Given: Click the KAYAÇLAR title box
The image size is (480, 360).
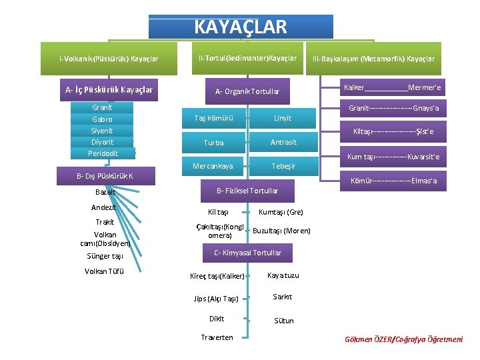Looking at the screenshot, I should (x=240, y=27).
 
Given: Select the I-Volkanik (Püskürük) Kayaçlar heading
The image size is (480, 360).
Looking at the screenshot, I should (x=109, y=59).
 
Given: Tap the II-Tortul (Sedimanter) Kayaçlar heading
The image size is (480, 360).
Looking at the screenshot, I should (x=247, y=59).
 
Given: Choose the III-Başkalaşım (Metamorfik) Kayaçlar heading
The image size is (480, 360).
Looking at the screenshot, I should (x=373, y=59).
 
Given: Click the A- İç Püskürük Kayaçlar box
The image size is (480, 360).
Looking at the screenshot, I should (x=109, y=89).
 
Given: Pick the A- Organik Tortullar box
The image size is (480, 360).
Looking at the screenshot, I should (x=247, y=91).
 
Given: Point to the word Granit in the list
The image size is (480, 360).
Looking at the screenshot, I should (x=102, y=107).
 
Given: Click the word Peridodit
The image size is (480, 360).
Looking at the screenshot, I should (x=102, y=153).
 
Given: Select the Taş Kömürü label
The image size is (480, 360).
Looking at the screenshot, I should (x=213, y=119).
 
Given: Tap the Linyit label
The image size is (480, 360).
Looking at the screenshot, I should (x=283, y=119).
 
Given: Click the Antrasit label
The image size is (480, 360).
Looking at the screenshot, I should (x=283, y=142).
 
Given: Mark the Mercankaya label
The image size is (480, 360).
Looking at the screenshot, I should (x=213, y=166).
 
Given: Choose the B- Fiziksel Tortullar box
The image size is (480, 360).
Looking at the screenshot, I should (x=246, y=191).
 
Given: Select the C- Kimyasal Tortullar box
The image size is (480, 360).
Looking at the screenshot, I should (x=247, y=253).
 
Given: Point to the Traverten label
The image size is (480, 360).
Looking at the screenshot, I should (x=217, y=337).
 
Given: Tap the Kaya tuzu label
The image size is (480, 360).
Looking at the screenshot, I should (x=283, y=275).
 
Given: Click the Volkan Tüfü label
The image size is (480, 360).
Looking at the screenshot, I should (x=104, y=271).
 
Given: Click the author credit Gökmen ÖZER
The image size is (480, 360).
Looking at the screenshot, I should (x=403, y=339).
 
